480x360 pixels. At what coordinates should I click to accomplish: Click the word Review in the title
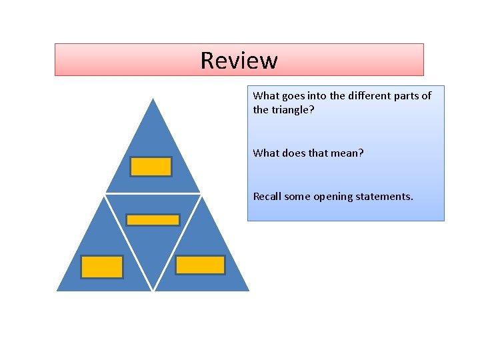(239, 61)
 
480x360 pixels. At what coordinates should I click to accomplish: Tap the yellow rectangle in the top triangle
(151, 167)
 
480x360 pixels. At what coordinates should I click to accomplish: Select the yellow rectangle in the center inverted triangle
(153, 220)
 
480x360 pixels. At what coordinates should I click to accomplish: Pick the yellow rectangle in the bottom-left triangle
(102, 267)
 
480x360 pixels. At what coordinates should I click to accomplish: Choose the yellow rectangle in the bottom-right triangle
(200, 265)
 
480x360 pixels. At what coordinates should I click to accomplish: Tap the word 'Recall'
(268, 197)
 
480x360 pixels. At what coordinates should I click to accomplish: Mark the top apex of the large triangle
(153, 99)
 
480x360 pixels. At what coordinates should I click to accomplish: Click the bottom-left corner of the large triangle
(57, 291)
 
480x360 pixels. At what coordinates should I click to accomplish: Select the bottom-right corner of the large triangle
(249, 291)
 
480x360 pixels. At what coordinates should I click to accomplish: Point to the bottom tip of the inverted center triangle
(153, 290)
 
